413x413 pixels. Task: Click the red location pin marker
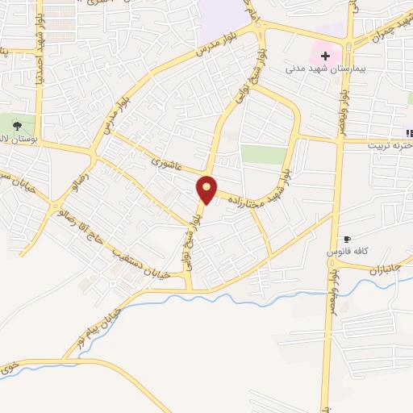(x=207, y=190)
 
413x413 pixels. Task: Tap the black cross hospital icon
(x=325, y=56)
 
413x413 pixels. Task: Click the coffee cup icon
(x=348, y=239)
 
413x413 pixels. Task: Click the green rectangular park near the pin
(x=264, y=155)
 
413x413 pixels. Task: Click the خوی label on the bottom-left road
(x=9, y=368)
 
